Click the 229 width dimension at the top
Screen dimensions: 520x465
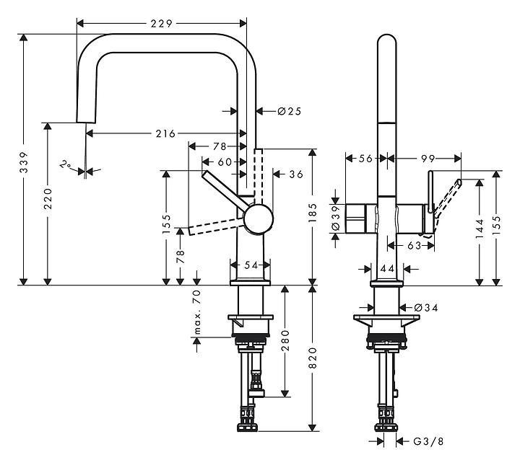pos(162,24)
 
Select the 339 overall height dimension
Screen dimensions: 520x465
pos(24,162)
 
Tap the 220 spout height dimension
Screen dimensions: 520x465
pos(48,198)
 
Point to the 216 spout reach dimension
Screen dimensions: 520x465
pos(165,133)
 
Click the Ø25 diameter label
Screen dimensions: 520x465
pos(289,111)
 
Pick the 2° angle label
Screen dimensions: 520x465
pos(66,165)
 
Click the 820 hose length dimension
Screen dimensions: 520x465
pos(313,358)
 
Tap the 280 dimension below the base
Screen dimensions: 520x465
pos(285,340)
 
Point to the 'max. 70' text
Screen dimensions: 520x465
pos(197,311)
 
